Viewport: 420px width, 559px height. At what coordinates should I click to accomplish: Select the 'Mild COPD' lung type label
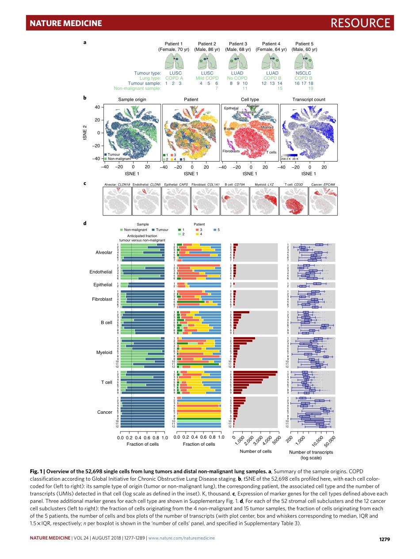207,78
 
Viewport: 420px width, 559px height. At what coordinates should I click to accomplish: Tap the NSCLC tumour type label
303,73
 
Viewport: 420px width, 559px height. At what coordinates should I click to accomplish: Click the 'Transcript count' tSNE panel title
309,100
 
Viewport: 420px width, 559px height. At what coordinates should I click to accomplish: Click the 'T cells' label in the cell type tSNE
271,152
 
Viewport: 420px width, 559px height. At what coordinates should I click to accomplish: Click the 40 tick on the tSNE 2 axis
96,107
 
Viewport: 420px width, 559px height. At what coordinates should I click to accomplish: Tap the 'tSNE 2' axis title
85,133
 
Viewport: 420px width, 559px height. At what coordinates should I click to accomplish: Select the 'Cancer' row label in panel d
104,412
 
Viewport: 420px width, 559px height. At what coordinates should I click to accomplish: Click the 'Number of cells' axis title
256,451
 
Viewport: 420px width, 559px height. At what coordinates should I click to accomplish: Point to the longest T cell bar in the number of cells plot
256,372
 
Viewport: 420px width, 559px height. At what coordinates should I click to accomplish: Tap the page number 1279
387,539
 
